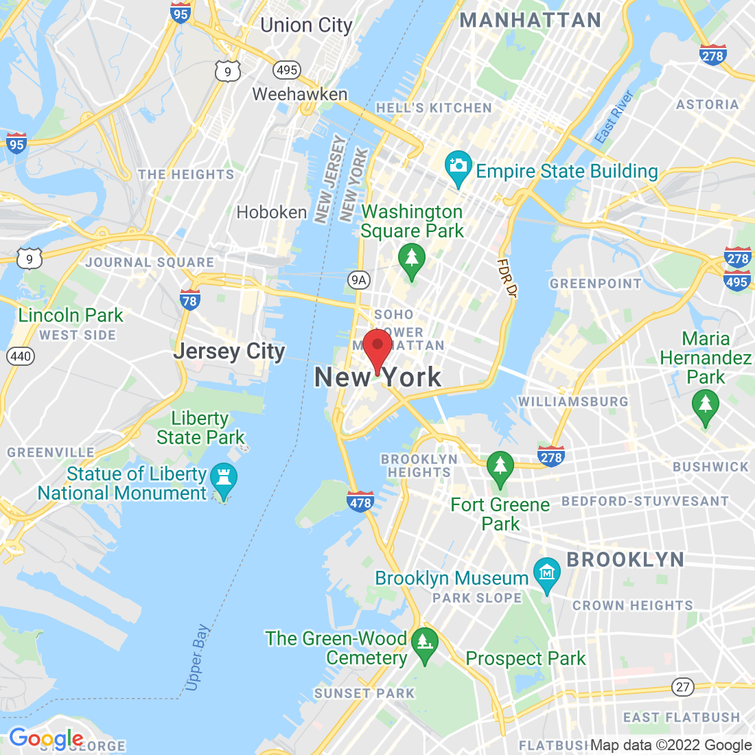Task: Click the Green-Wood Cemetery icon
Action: [425, 643]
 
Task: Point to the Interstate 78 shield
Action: [189, 299]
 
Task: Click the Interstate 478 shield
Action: [360, 502]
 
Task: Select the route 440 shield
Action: [21, 356]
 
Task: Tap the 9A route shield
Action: [358, 279]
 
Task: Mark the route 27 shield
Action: [682, 686]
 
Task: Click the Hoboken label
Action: [272, 213]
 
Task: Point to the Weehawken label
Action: [300, 95]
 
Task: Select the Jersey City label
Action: [229, 351]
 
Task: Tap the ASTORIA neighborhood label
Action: [707, 104]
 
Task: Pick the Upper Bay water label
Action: [197, 657]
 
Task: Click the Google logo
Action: [46, 739]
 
